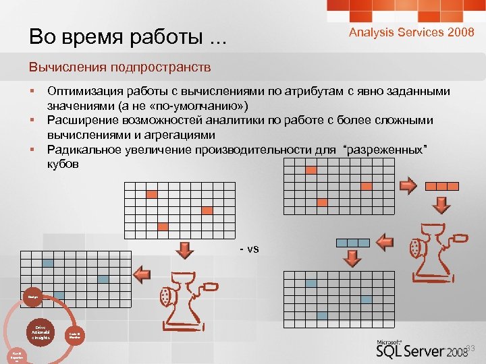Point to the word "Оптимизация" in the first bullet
pyautogui.click(x=84, y=91)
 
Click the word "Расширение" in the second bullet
pyautogui.click(x=81, y=120)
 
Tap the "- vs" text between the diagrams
pyautogui.click(x=249, y=249)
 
